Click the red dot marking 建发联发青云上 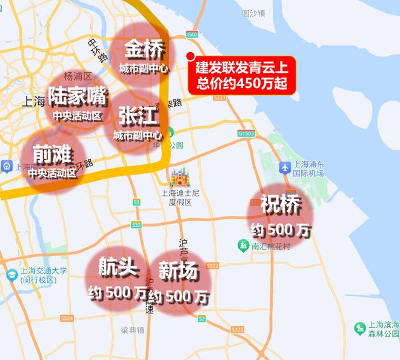tap(190, 57)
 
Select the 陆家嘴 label tap(77, 96)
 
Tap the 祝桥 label tap(281, 205)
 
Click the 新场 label tap(178, 272)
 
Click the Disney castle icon tap(180, 177)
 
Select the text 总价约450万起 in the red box tap(242, 83)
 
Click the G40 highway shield tap(193, 35)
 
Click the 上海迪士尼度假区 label tap(180, 198)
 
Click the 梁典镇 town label tap(132, 330)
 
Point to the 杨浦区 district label tap(77, 76)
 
